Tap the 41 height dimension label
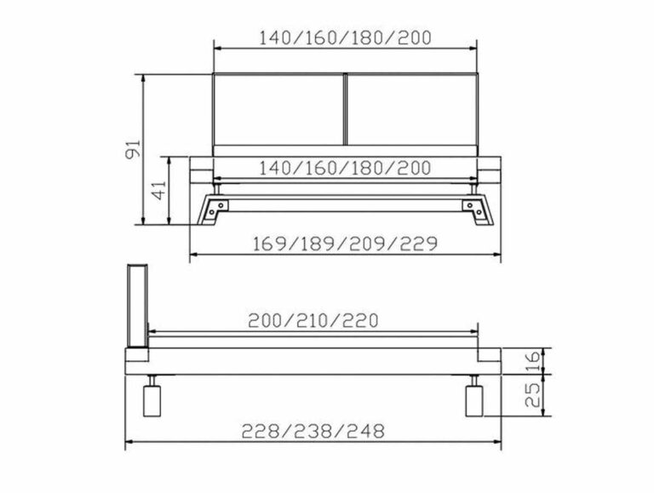(x=158, y=190)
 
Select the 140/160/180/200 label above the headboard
(x=345, y=37)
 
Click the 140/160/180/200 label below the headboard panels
(x=345, y=167)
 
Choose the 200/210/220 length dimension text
(x=313, y=321)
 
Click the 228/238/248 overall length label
(x=313, y=431)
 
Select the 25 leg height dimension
(x=534, y=393)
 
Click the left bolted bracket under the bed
(x=220, y=206)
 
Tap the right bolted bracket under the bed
(x=470, y=206)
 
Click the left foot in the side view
(x=152, y=400)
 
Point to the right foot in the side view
(x=473, y=400)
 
